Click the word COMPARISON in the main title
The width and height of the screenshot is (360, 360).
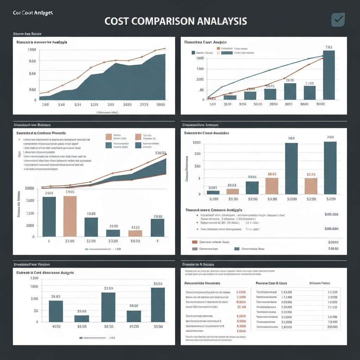tap(163, 21)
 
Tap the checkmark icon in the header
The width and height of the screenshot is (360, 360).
tap(338, 20)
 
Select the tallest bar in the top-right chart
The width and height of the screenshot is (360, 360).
tap(329, 75)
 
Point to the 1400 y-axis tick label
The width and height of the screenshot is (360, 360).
tap(199, 58)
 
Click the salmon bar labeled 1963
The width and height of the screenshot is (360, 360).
tap(70, 216)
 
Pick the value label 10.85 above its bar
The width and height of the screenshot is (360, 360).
tap(91, 213)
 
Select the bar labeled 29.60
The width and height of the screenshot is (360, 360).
tap(157, 227)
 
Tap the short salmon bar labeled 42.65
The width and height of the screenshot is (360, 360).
tap(135, 233)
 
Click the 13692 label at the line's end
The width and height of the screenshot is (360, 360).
tap(160, 153)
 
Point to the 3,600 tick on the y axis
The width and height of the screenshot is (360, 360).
tap(30, 188)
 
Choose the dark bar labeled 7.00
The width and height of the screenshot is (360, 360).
tap(330, 168)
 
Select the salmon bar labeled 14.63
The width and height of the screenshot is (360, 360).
tap(272, 186)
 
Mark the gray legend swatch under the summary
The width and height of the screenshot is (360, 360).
tap(195, 249)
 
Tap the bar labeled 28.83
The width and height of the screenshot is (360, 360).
tap(56, 311)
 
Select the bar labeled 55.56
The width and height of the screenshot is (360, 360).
tap(158, 304)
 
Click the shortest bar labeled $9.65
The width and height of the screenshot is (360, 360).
tap(82, 318)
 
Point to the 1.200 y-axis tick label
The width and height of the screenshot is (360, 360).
tap(34, 278)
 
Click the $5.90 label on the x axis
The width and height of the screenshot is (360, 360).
tap(233, 199)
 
